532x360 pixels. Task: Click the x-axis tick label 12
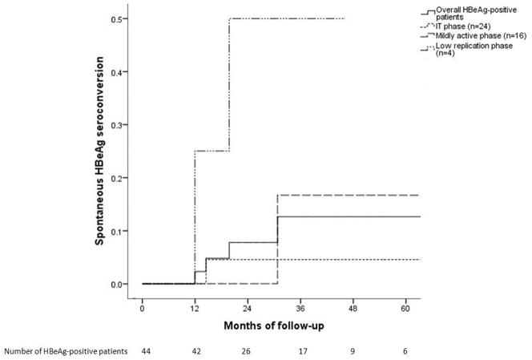(x=194, y=307)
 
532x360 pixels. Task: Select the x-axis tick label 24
(x=248, y=307)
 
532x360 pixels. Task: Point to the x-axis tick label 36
(x=300, y=307)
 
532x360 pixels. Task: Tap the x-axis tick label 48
(x=353, y=307)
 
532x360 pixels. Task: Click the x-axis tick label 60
(x=405, y=307)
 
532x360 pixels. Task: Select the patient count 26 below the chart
(x=248, y=351)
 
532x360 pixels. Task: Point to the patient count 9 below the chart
(x=353, y=351)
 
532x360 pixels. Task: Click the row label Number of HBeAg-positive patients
(x=66, y=351)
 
